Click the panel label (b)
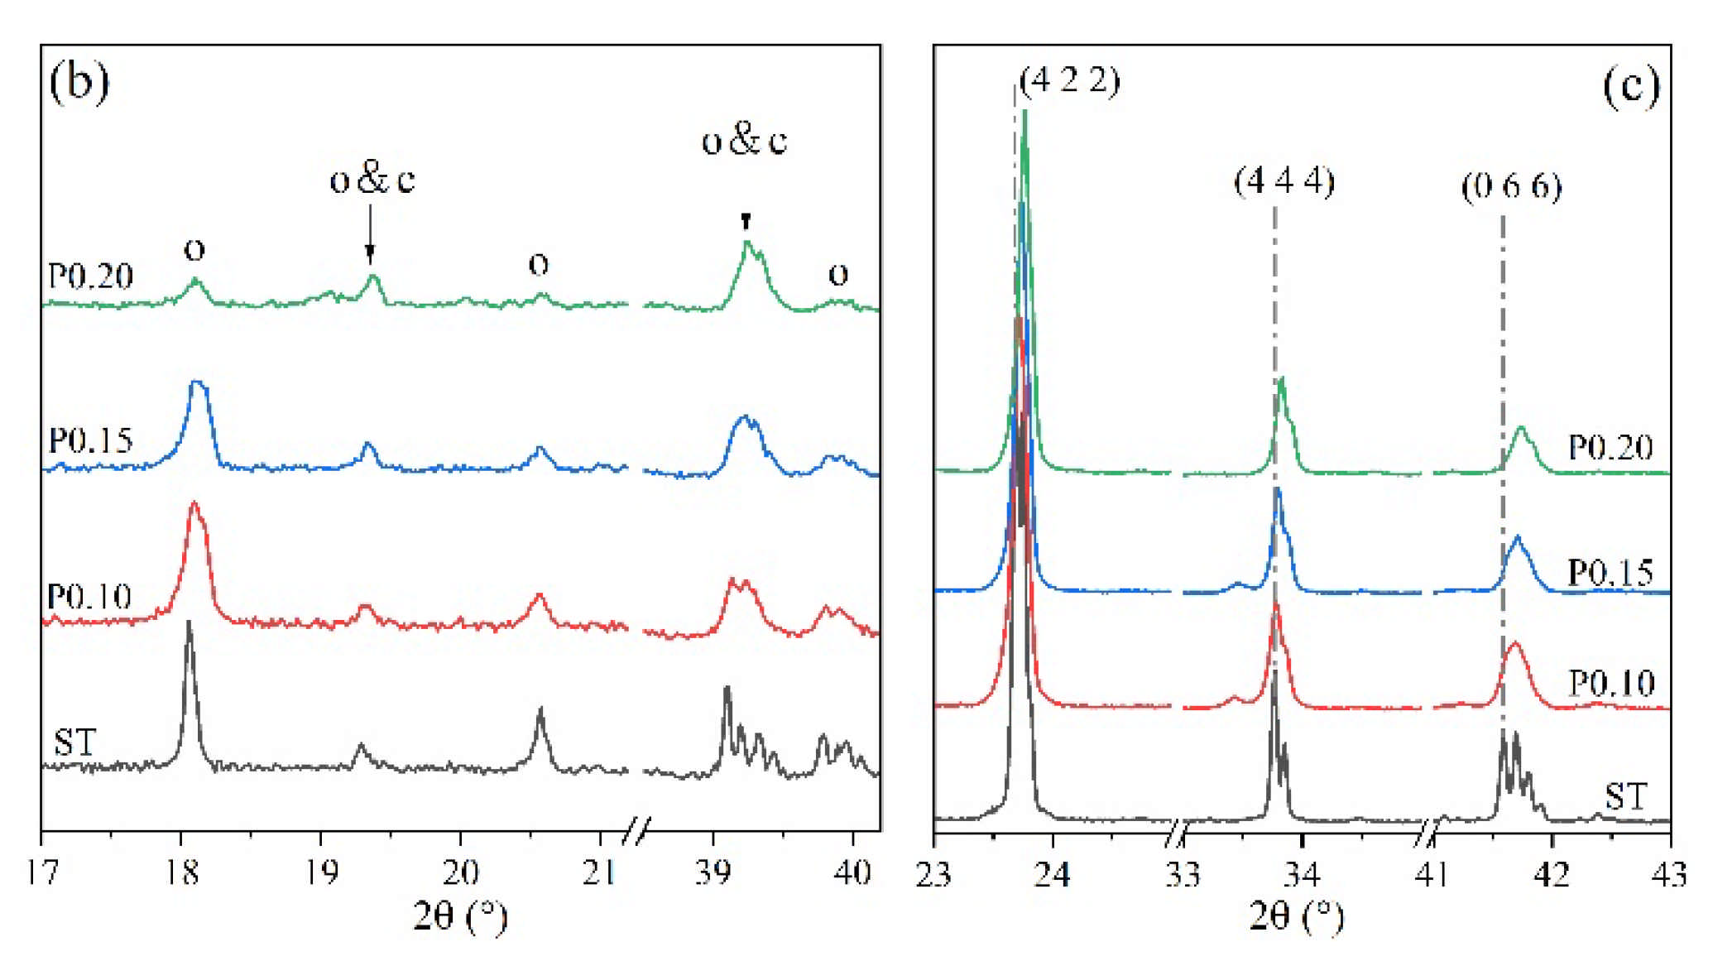pyautogui.click(x=79, y=83)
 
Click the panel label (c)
pyautogui.click(x=1630, y=85)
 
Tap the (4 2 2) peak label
pyautogui.click(x=1070, y=80)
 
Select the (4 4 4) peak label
pyautogui.click(x=1284, y=180)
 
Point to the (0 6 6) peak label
pyautogui.click(x=1511, y=186)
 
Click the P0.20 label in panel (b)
pyautogui.click(x=91, y=276)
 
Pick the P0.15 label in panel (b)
pyautogui.click(x=91, y=441)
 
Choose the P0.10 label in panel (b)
pyautogui.click(x=89, y=597)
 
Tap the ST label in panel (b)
pyautogui.click(x=75, y=742)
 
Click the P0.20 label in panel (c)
pyautogui.click(x=1610, y=448)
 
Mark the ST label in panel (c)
pyautogui.click(x=1625, y=796)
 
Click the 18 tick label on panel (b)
pyautogui.click(x=181, y=872)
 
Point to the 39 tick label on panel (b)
pyautogui.click(x=713, y=872)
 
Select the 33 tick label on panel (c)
pyautogui.click(x=1183, y=874)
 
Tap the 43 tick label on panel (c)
pyautogui.click(x=1669, y=874)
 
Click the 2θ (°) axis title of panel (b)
pyautogui.click(x=460, y=916)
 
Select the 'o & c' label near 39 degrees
pyautogui.click(x=744, y=141)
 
